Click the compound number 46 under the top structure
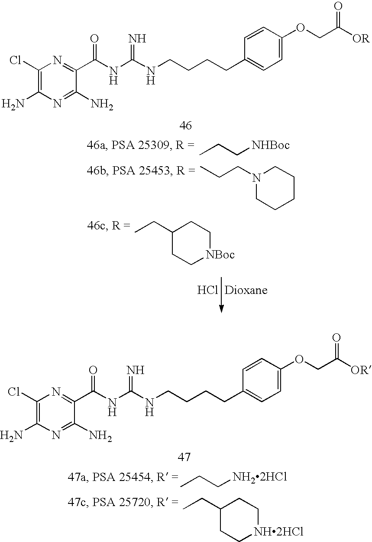coord(186,126)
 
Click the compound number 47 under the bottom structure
coord(184,457)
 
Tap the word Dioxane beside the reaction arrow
coord(246,290)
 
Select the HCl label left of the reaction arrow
coord(207,290)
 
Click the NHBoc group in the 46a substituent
coord(271,145)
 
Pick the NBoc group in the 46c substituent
coord(220,255)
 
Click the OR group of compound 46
coord(361,39)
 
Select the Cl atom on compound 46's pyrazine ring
coord(16,60)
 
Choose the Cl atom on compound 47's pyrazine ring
coord(14,391)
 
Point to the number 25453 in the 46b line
coord(155,171)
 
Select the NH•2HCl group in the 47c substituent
coord(278,532)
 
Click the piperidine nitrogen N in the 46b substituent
coord(256,178)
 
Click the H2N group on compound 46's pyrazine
coord(13,104)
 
